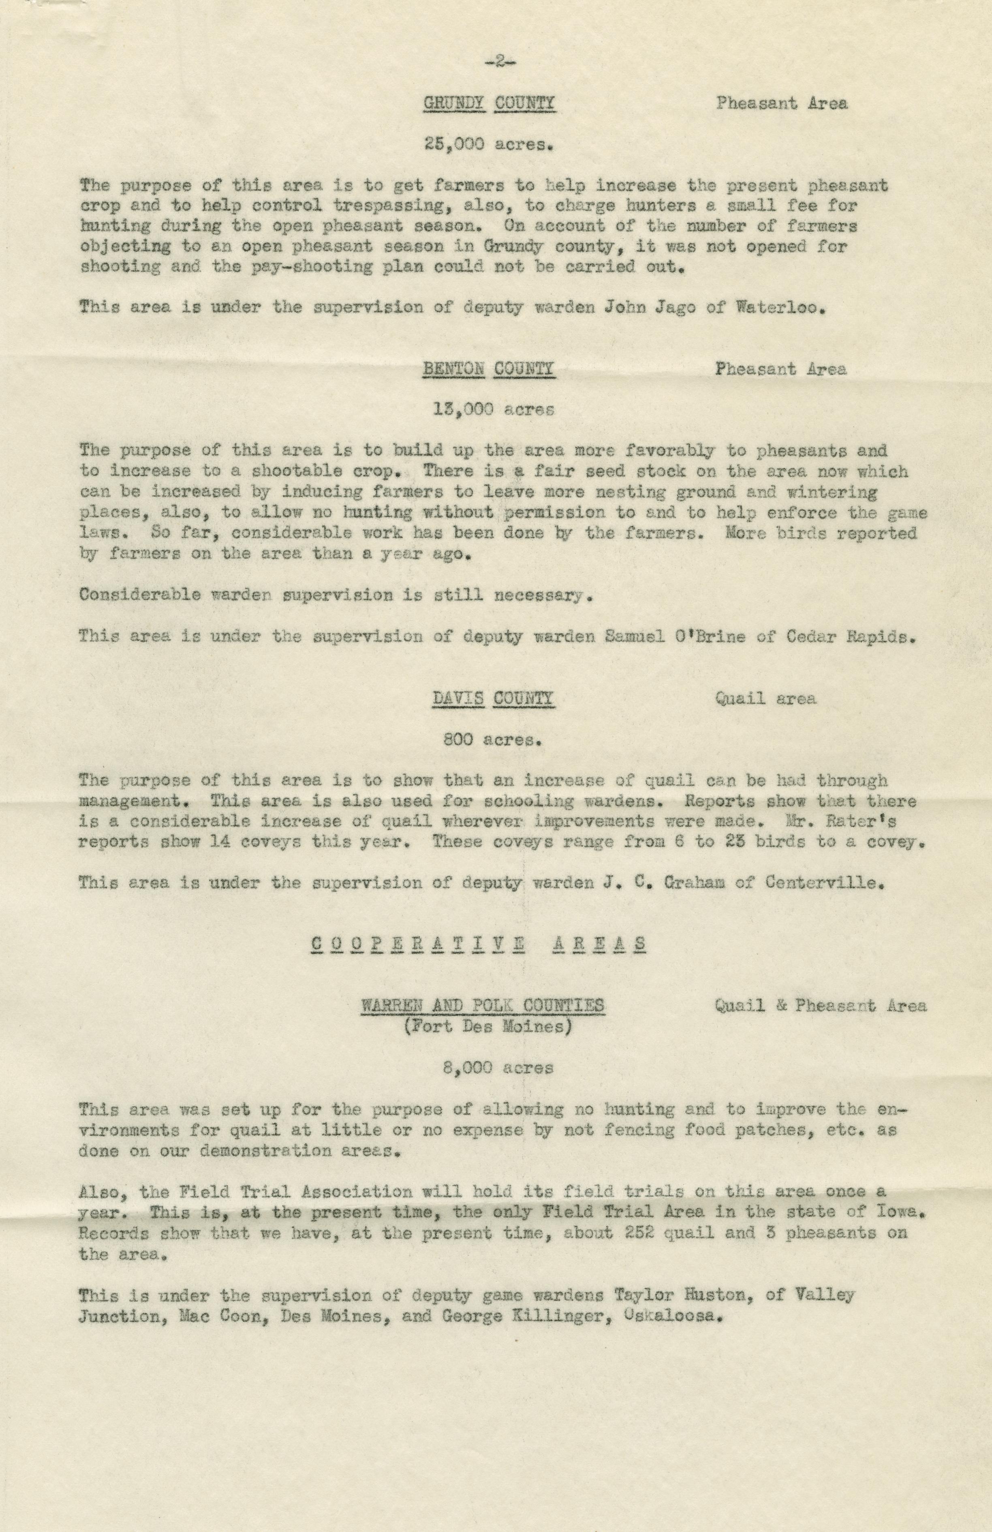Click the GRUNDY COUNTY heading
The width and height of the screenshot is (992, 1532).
tap(489, 104)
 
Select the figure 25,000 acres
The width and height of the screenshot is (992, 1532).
tap(489, 144)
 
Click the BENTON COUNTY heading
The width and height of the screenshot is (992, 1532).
tap(489, 369)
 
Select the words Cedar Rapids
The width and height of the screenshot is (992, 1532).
tap(849, 636)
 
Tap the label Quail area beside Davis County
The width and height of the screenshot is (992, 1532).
tap(765, 699)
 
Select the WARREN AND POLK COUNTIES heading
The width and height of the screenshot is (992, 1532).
tap(482, 1005)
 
